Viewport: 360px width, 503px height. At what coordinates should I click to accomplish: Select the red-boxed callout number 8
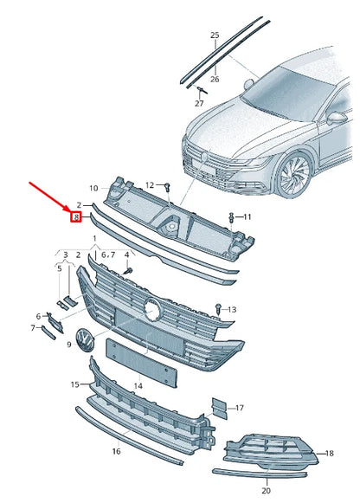(x=76, y=217)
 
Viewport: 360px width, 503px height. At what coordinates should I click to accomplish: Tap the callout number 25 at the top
(x=215, y=35)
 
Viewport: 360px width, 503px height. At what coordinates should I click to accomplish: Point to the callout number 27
(x=198, y=104)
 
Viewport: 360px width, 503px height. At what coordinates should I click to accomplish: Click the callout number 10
(x=93, y=188)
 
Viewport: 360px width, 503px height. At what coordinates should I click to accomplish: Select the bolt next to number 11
(x=231, y=216)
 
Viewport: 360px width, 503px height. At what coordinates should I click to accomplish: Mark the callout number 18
(x=329, y=453)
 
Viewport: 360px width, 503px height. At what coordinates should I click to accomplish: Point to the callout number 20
(x=266, y=490)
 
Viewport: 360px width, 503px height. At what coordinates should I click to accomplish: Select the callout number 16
(x=115, y=452)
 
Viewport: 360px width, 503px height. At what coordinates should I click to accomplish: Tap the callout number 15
(x=75, y=384)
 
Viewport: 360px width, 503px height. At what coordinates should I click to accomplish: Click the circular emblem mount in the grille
(x=152, y=308)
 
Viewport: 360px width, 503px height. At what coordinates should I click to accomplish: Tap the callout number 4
(x=126, y=255)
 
